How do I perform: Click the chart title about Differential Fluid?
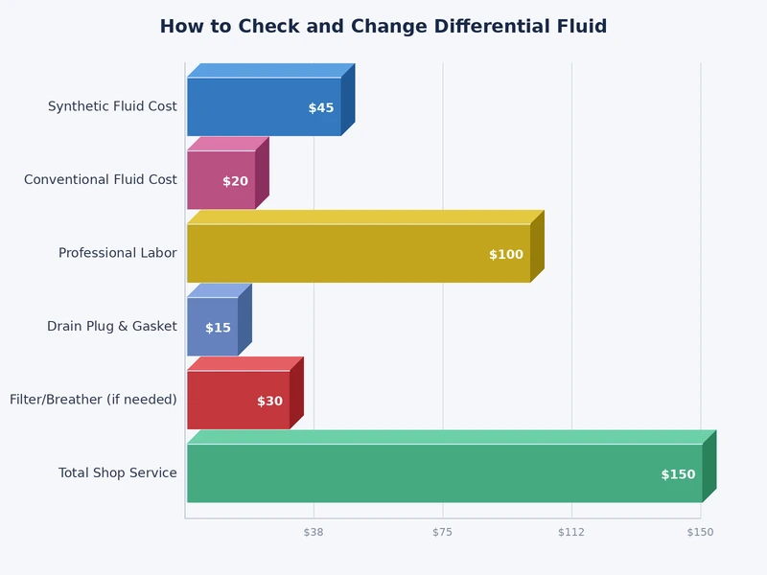click(x=383, y=27)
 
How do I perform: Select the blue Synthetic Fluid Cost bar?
click(x=249, y=106)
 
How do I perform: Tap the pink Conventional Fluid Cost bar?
click(x=211, y=179)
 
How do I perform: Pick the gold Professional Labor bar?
click(x=336, y=253)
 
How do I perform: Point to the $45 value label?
click(x=321, y=108)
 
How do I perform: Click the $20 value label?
click(x=235, y=181)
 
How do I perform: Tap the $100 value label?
click(x=506, y=255)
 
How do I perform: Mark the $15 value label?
click(x=218, y=328)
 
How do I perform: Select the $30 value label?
click(x=269, y=402)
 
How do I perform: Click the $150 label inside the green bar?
click(x=678, y=474)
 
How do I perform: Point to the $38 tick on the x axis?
click(x=314, y=532)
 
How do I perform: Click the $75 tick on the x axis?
click(x=442, y=532)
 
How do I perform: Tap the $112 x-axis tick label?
click(x=571, y=532)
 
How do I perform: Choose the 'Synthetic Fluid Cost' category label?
click(x=112, y=106)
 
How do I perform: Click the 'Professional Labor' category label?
click(x=117, y=253)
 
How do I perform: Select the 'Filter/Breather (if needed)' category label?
click(x=93, y=400)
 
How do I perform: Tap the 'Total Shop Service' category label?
click(x=117, y=472)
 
